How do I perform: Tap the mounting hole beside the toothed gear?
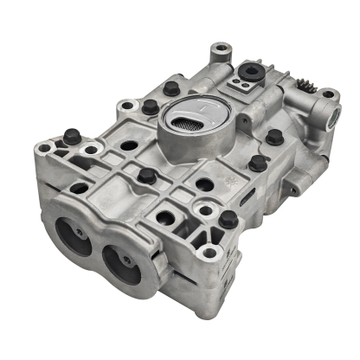(328, 95)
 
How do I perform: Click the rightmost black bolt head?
(273, 137)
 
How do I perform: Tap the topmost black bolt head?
(172, 88)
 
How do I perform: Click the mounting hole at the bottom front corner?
(209, 254)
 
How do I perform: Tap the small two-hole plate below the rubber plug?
(240, 87)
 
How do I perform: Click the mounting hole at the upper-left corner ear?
(128, 106)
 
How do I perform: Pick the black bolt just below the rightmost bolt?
(256, 162)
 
